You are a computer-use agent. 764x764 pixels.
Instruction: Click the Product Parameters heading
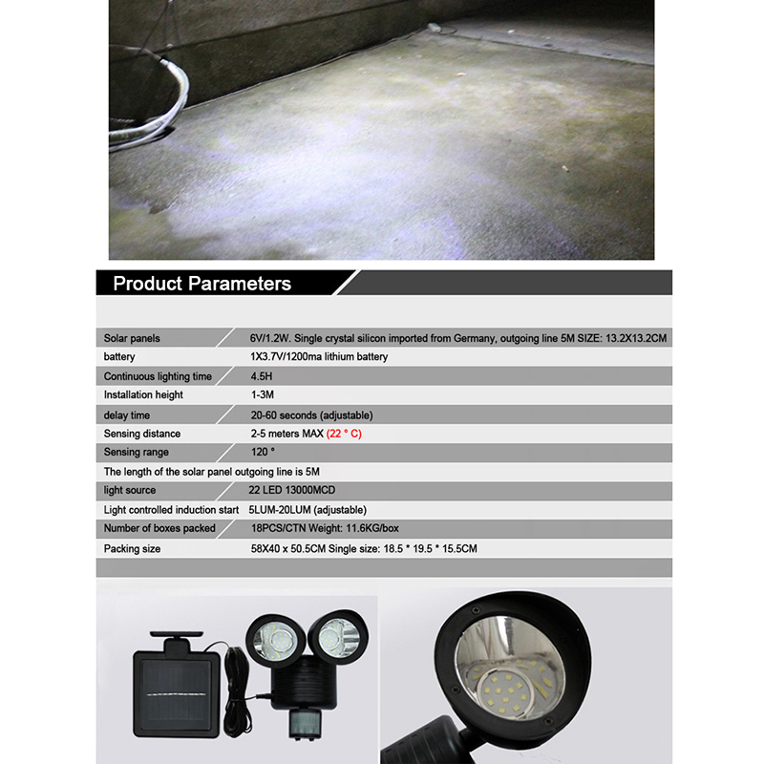(202, 284)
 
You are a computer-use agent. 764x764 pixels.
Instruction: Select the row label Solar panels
(132, 338)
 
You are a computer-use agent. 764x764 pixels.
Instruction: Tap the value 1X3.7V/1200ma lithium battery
(318, 357)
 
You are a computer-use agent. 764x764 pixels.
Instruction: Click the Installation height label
(143, 395)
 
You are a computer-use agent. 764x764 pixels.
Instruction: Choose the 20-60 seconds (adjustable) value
(310, 414)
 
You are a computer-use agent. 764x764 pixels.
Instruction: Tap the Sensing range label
(136, 453)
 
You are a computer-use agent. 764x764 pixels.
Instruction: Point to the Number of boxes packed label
(159, 528)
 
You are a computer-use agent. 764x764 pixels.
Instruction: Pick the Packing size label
(132, 548)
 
